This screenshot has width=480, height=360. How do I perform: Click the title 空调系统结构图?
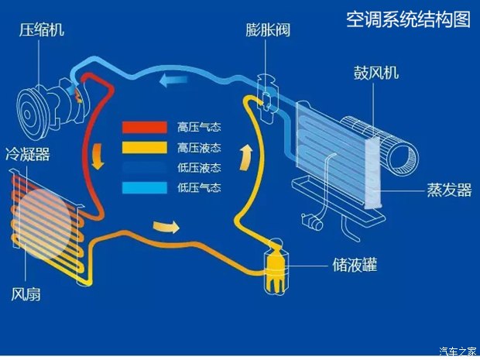click(408, 19)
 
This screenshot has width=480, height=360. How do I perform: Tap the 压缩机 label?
click(42, 30)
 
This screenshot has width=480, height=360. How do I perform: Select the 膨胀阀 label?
click(268, 30)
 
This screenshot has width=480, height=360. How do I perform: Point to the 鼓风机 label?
click(376, 73)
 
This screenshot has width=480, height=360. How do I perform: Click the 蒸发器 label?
click(449, 190)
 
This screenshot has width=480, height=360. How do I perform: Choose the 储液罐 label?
click(355, 265)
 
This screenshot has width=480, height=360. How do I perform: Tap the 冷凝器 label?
click(28, 154)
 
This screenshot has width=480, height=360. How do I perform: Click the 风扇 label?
click(26, 294)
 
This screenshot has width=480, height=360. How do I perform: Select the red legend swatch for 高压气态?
click(145, 127)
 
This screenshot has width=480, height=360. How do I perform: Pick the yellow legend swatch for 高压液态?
click(145, 148)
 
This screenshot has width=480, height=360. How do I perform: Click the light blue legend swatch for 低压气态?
click(145, 187)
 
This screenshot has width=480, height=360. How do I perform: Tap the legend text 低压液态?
click(199, 168)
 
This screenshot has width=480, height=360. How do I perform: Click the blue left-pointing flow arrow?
click(173, 80)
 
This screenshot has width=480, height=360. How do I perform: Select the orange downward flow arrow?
click(98, 156)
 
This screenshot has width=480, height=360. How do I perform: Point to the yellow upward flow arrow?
click(246, 158)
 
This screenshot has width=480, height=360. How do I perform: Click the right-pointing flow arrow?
click(166, 226)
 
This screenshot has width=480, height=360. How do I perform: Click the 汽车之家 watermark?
click(458, 351)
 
